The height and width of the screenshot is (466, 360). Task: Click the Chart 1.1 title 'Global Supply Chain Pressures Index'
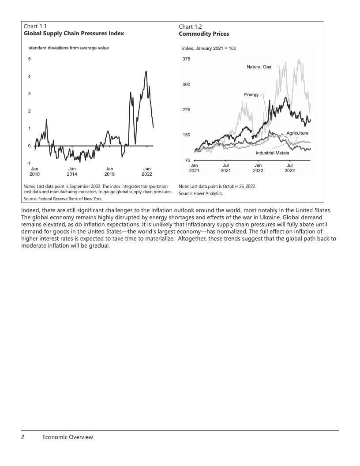click(74, 34)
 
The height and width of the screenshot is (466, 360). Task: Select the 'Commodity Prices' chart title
click(204, 34)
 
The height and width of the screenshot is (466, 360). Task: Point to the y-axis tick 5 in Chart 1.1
click(29, 59)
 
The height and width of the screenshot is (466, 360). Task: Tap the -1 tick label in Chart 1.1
click(29, 164)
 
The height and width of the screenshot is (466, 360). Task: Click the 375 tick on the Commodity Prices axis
click(186, 59)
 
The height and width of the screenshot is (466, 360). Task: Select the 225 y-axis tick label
click(186, 110)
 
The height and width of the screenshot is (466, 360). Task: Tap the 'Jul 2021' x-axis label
click(226, 168)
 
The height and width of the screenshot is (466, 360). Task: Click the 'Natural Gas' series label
click(259, 67)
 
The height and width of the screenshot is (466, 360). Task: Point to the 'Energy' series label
click(251, 95)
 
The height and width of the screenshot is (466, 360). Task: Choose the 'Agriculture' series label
click(297, 133)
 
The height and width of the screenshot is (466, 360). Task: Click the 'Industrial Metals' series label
click(273, 153)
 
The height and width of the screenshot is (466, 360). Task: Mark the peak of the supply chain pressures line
click(146, 71)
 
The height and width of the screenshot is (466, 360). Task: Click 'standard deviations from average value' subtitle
click(68, 48)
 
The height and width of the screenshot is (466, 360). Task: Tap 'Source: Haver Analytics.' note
click(201, 194)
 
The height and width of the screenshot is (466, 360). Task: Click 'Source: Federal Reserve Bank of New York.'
click(63, 199)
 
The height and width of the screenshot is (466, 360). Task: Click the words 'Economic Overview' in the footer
click(67, 437)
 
